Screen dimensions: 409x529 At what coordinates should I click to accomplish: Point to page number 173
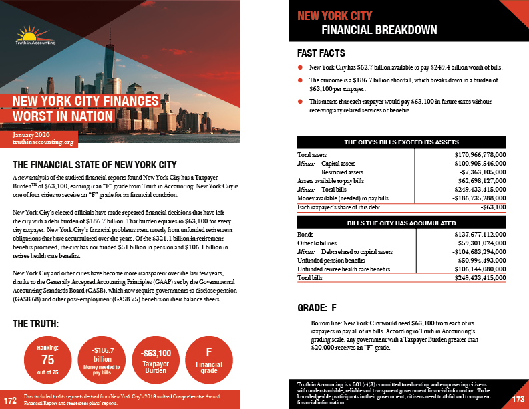click(518, 400)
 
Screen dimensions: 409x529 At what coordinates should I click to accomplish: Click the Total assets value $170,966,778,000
click(472, 154)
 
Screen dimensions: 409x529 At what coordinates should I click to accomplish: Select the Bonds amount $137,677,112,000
click(472, 235)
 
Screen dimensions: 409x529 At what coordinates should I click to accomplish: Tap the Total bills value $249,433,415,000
click(472, 277)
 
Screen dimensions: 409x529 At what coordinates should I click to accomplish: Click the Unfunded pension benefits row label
click(331, 260)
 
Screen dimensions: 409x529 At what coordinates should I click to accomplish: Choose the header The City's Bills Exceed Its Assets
click(401, 142)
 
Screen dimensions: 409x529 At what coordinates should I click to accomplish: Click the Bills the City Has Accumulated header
click(401, 223)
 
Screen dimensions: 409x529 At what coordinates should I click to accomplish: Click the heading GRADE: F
click(317, 309)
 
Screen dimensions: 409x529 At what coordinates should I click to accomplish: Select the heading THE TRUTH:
click(37, 324)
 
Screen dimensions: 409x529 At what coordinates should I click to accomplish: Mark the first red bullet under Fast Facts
click(300, 68)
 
